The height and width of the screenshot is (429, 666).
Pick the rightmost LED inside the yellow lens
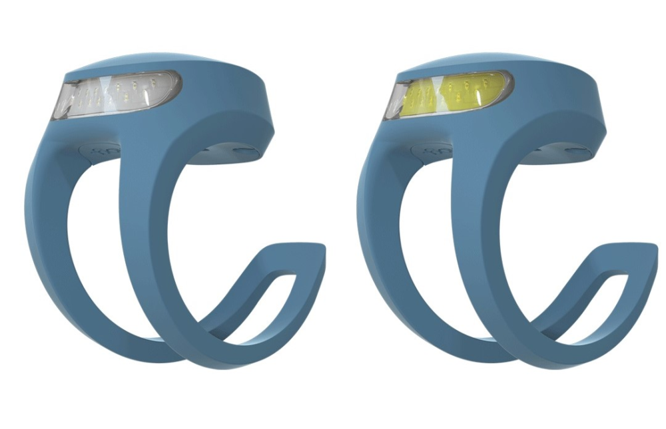click(x=486, y=84)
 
